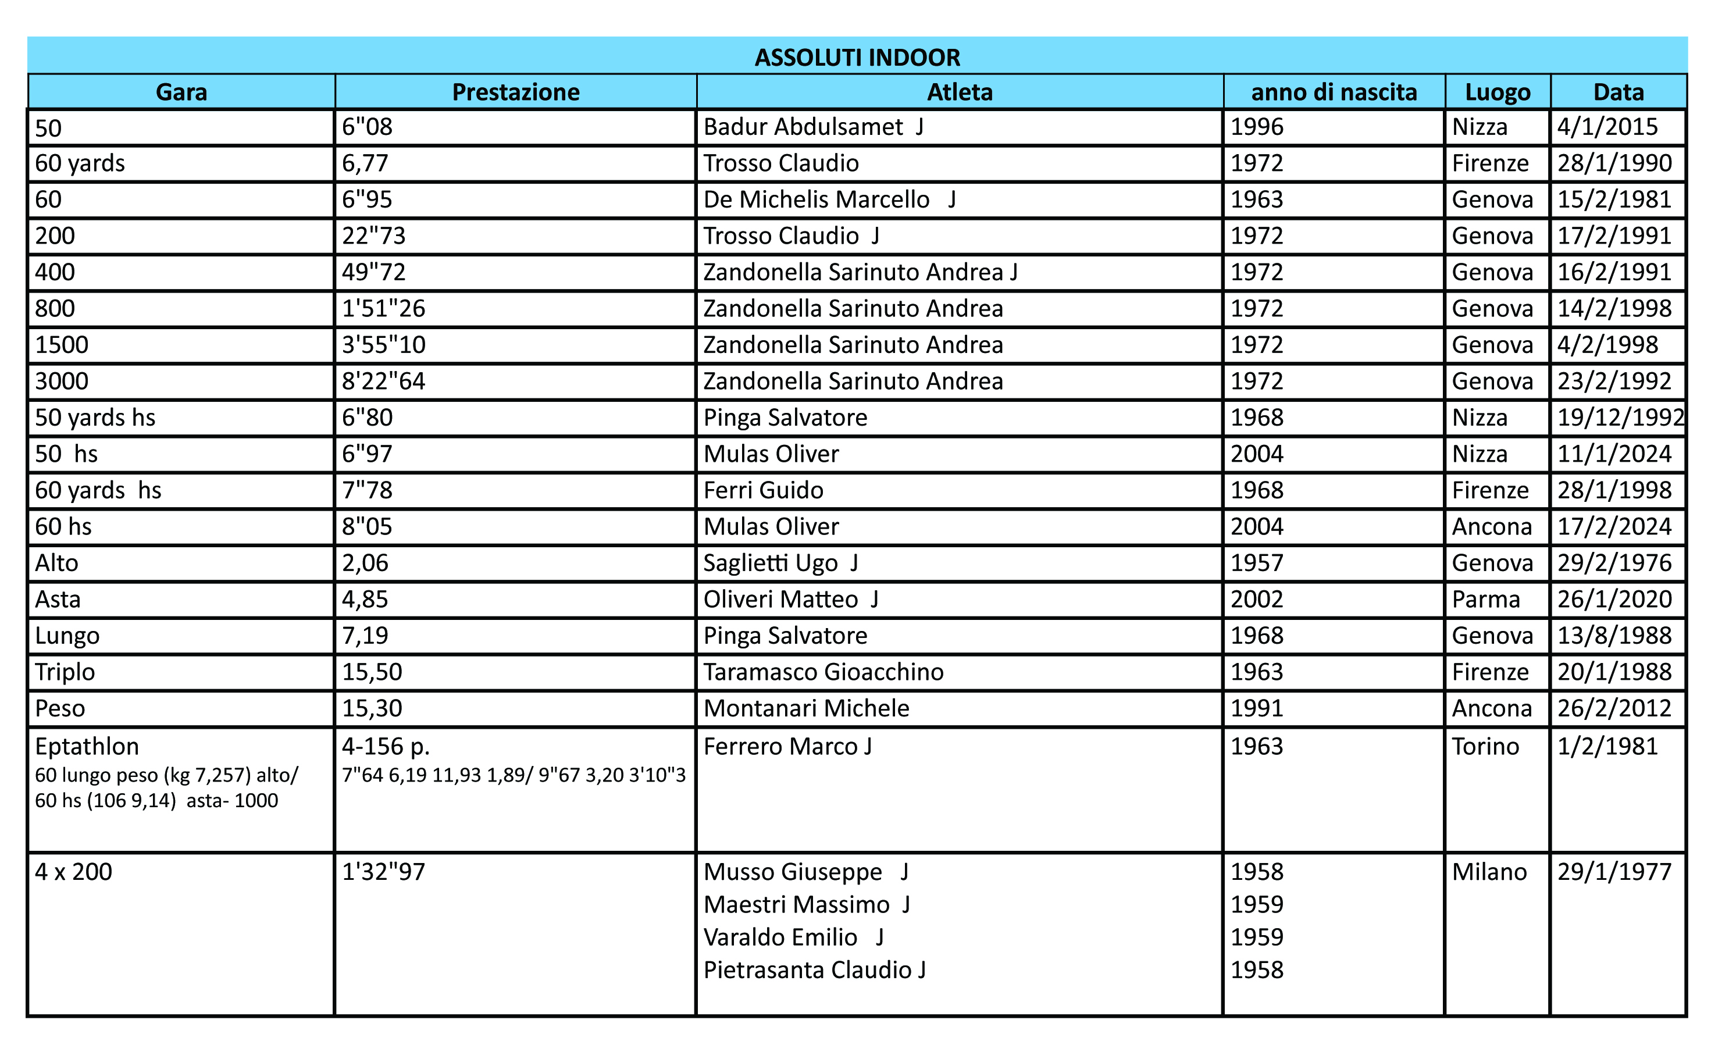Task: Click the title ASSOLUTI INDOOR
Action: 857,57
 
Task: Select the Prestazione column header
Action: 516,92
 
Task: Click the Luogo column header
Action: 1498,92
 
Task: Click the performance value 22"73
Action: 373,236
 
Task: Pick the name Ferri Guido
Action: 763,490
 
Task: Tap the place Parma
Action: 1485,600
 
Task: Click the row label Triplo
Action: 65,672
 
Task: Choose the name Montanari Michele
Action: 806,708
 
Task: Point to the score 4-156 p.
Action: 385,746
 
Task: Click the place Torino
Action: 1485,746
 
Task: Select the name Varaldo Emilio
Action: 780,937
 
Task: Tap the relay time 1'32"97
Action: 383,872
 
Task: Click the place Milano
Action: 1489,872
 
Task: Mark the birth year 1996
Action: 1257,127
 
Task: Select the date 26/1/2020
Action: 1614,600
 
